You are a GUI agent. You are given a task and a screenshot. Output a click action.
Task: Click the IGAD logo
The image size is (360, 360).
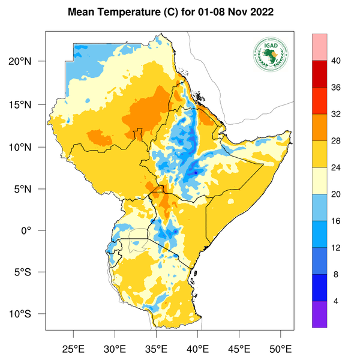[271, 55]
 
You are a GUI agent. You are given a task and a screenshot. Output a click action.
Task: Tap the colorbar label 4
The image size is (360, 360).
[336, 301]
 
